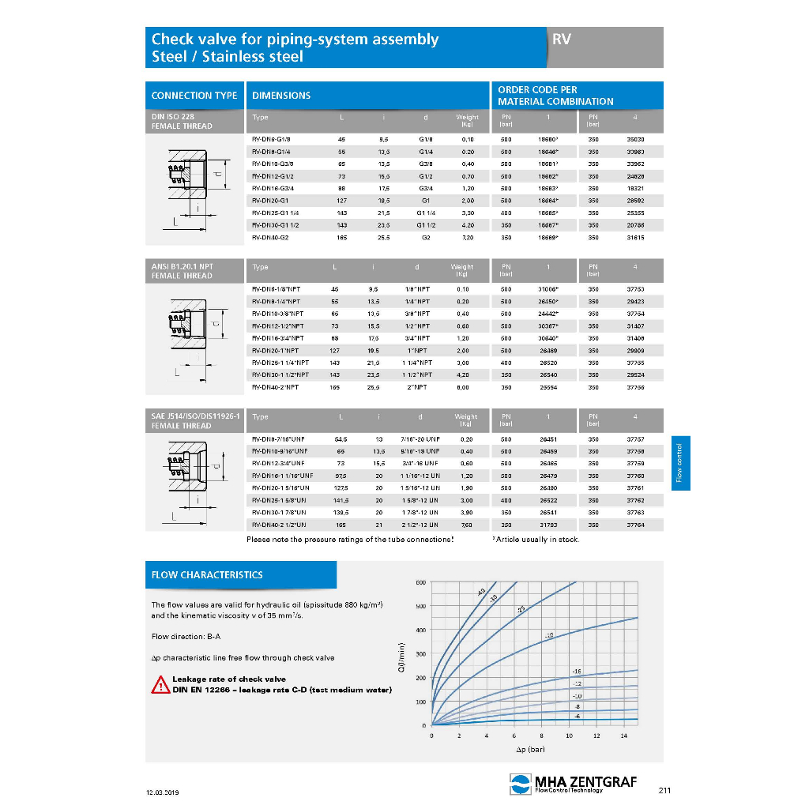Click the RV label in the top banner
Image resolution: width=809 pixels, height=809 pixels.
pyautogui.click(x=562, y=39)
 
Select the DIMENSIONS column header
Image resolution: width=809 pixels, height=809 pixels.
pyautogui.click(x=280, y=96)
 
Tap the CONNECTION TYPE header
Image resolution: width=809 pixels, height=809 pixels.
pyautogui.click(x=194, y=96)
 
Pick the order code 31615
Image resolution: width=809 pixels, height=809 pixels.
pyautogui.click(x=635, y=237)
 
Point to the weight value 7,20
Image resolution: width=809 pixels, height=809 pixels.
pyautogui.click(x=468, y=237)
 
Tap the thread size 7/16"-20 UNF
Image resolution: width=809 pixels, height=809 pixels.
pyautogui.click(x=420, y=438)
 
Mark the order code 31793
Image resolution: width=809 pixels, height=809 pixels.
pyautogui.click(x=547, y=525)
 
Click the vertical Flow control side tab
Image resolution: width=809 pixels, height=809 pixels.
pyautogui.click(x=679, y=462)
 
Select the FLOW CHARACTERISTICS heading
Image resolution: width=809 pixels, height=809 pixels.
pyautogui.click(x=207, y=574)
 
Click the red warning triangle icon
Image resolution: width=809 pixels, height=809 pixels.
pyautogui.click(x=160, y=685)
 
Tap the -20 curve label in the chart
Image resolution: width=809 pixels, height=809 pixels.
pyautogui.click(x=550, y=635)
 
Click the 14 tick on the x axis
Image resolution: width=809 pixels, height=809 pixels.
pyautogui.click(x=623, y=736)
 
